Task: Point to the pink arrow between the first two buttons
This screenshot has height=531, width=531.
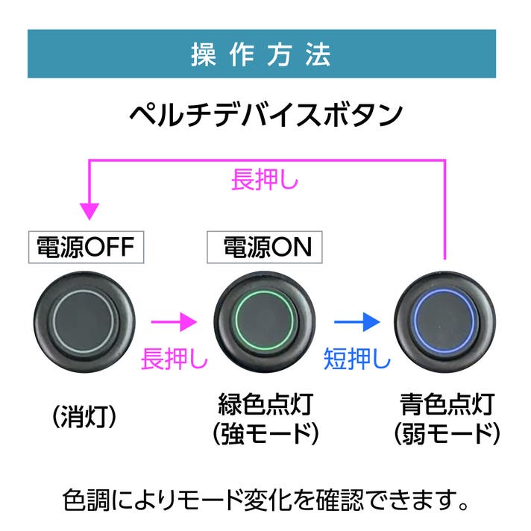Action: [x=174, y=322]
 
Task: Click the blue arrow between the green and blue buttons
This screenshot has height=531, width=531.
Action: [x=354, y=322]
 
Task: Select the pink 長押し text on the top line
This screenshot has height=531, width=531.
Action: [x=265, y=180]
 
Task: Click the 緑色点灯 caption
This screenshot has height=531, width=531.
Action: [x=265, y=405]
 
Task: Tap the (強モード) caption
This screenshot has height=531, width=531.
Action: [x=265, y=432]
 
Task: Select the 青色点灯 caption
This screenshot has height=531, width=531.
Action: [x=446, y=405]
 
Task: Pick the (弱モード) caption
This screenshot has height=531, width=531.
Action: [x=446, y=432]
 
